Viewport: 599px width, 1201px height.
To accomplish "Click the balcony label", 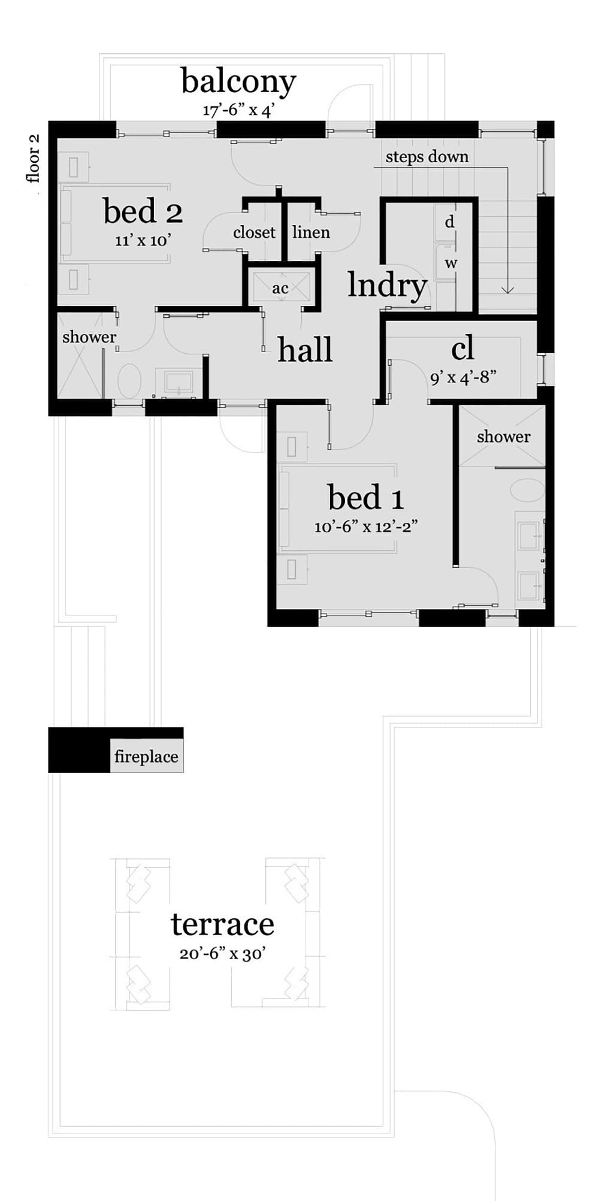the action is click(x=238, y=82).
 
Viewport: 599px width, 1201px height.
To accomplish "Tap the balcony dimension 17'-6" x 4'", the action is click(x=238, y=111).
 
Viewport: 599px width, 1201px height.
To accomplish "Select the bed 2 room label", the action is click(x=143, y=211).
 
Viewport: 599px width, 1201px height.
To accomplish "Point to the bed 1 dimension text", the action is click(x=365, y=526).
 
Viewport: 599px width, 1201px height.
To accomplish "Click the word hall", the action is click(x=305, y=350).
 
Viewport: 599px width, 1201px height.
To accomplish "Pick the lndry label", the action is click(x=388, y=286).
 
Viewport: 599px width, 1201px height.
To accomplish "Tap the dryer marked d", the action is click(x=449, y=222).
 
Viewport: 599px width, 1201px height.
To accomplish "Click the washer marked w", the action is click(x=450, y=263).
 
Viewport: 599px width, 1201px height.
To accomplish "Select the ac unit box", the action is click(x=280, y=288).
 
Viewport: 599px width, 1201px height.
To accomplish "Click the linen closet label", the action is click(x=311, y=232).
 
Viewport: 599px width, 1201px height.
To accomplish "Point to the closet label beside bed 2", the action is click(x=254, y=232).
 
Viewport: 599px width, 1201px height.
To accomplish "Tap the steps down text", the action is click(x=427, y=157).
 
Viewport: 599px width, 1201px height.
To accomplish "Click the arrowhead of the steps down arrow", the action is click(x=507, y=291).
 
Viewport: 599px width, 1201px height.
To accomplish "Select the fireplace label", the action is click(x=146, y=757).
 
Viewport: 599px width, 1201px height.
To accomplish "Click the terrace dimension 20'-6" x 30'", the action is click(x=222, y=954).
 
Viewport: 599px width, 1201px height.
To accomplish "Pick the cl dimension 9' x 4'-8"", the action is click(x=463, y=378).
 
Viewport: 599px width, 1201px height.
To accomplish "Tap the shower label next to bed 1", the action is click(x=503, y=437).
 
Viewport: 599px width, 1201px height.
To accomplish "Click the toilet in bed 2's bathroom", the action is click(x=129, y=381).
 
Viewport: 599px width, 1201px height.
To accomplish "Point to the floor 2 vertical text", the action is click(x=33, y=158).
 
